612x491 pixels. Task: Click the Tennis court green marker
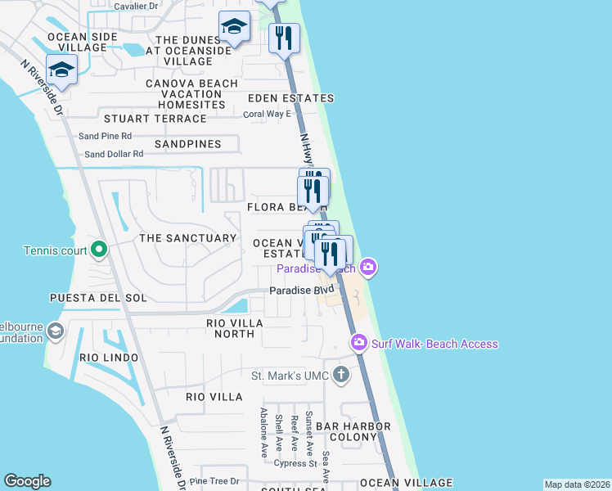tap(99, 248)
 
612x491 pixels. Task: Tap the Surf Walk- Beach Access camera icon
tap(358, 342)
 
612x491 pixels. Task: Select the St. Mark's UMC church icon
tap(341, 376)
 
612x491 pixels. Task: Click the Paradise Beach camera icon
tap(368, 267)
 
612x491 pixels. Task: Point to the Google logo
tap(27, 481)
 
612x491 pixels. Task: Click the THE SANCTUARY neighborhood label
tap(187, 238)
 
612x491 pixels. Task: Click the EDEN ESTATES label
tap(291, 98)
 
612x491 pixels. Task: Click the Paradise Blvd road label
tap(302, 291)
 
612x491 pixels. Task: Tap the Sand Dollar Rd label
tap(114, 154)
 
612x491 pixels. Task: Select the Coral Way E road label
tap(267, 114)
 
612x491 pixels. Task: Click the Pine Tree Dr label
tap(214, 481)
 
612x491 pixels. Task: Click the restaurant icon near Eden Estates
tap(284, 38)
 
